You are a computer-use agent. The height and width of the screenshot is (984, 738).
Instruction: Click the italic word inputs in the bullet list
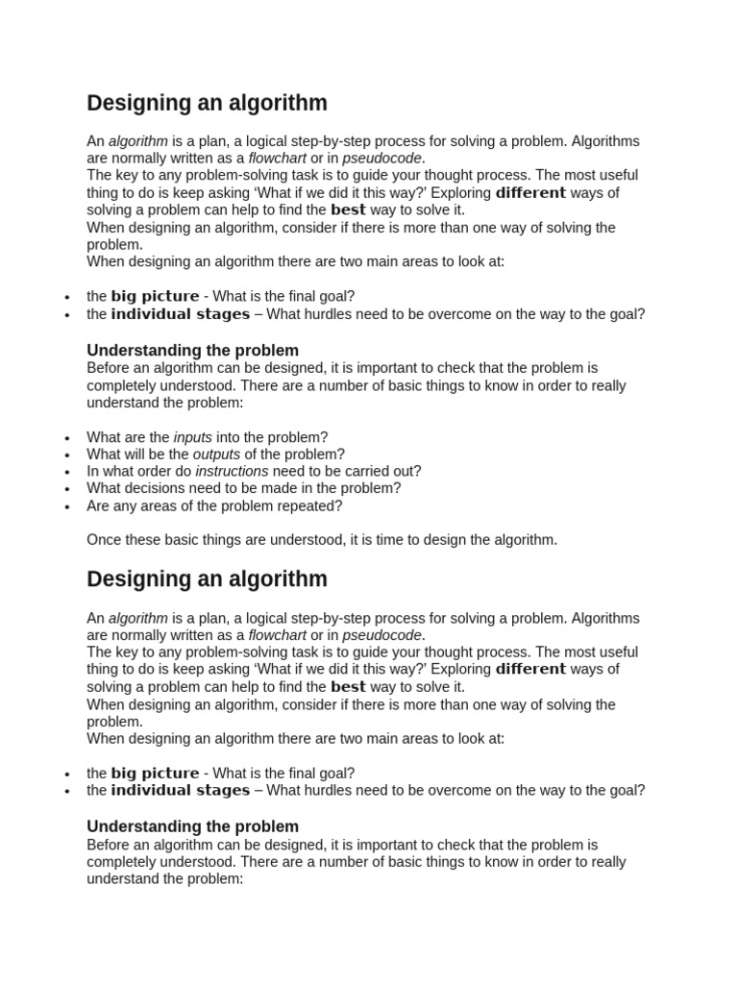pyautogui.click(x=192, y=437)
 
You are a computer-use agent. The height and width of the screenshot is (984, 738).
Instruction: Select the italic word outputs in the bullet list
pyautogui.click(x=216, y=455)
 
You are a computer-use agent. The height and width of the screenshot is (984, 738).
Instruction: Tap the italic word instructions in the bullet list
pyautogui.click(x=232, y=472)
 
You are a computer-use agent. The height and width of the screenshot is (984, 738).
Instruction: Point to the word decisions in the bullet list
pyautogui.click(x=157, y=488)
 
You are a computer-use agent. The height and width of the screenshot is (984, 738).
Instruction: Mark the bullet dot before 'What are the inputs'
pyautogui.click(x=67, y=438)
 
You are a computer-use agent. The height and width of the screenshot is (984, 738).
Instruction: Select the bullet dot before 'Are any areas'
pyautogui.click(x=67, y=506)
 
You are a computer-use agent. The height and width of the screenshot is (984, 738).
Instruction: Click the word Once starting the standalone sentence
pyautogui.click(x=104, y=540)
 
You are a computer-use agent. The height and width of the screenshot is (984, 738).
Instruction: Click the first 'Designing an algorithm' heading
pyautogui.click(x=207, y=103)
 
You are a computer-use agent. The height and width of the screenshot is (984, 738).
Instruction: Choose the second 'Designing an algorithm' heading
pyautogui.click(x=207, y=579)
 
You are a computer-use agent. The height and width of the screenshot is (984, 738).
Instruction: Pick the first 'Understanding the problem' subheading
pyautogui.click(x=192, y=351)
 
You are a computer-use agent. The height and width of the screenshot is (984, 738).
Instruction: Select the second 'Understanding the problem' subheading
pyautogui.click(x=192, y=826)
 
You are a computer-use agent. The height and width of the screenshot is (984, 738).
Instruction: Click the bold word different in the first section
pyautogui.click(x=530, y=193)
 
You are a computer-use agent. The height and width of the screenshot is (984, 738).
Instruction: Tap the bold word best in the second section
pyautogui.click(x=348, y=687)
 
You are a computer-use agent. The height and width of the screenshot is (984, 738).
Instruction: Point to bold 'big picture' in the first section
pyautogui.click(x=155, y=297)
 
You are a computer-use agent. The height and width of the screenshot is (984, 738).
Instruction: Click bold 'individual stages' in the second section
pyautogui.click(x=180, y=791)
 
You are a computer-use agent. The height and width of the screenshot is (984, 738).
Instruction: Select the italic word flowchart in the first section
pyautogui.click(x=277, y=159)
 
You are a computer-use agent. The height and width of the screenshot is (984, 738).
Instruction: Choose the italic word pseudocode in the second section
pyautogui.click(x=382, y=635)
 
